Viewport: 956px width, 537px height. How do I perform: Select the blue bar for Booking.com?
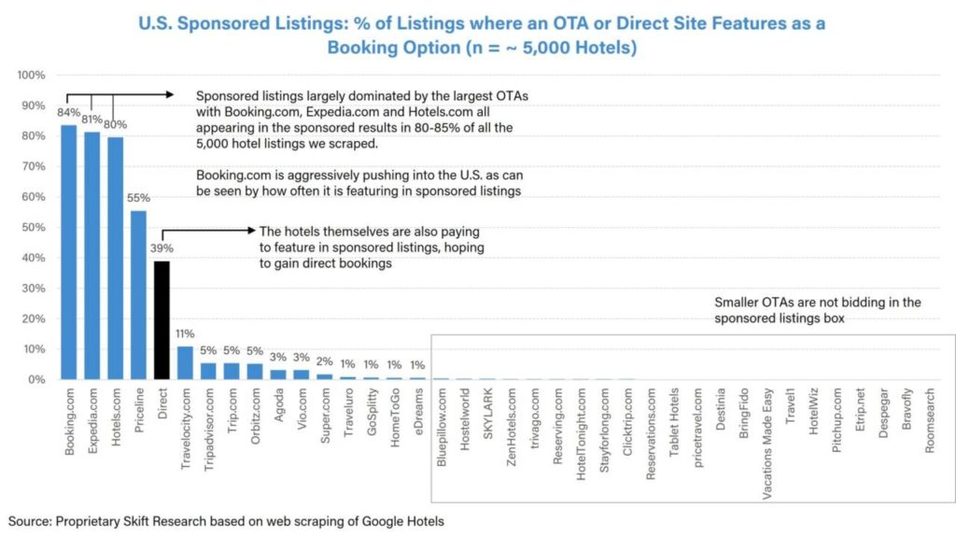click(x=69, y=252)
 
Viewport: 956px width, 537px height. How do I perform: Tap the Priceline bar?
click(x=138, y=295)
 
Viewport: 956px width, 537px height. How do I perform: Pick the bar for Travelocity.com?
click(x=185, y=363)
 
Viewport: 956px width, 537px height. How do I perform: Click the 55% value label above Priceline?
click(x=139, y=199)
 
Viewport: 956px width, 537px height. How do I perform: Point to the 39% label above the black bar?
click(x=162, y=249)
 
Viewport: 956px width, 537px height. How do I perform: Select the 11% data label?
click(x=186, y=334)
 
